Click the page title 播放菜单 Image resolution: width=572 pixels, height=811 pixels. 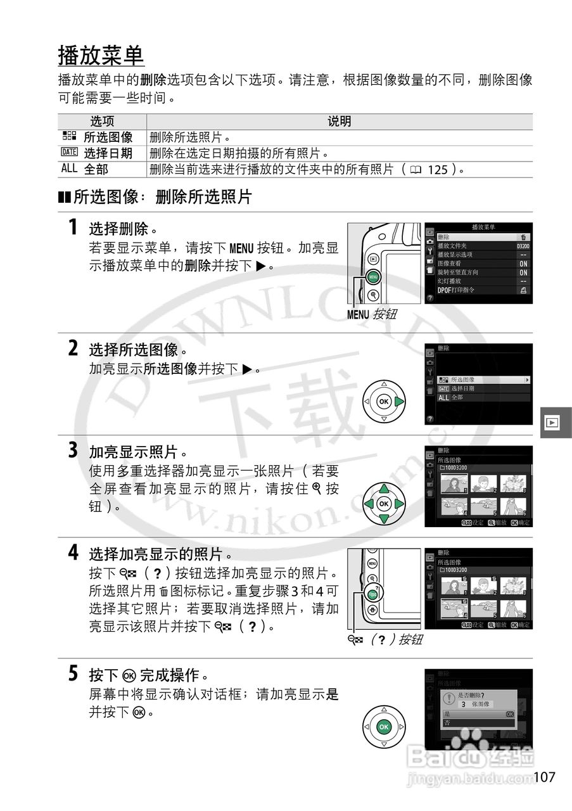pyautogui.click(x=101, y=56)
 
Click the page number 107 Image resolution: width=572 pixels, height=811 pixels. pyautogui.click(x=544, y=777)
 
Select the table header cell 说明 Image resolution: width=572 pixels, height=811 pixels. pyautogui.click(x=339, y=122)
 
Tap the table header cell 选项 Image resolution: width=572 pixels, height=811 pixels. pyautogui.click(x=102, y=122)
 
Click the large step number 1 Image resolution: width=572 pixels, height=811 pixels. pyautogui.click(x=73, y=227)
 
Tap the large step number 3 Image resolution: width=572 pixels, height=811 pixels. pyautogui.click(x=73, y=450)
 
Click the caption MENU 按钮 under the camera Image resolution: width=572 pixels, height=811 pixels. pyautogui.click(x=371, y=314)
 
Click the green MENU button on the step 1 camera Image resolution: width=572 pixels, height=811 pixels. pyautogui.click(x=373, y=276)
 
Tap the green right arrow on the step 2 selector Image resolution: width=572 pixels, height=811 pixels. pyautogui.click(x=398, y=402)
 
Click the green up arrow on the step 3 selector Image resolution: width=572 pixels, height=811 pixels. pyautogui.click(x=383, y=489)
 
